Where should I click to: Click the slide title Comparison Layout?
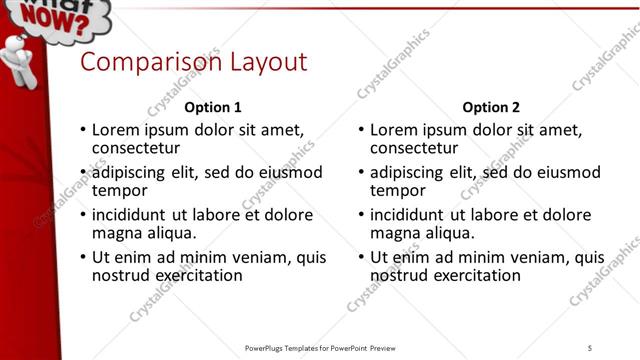point(193,62)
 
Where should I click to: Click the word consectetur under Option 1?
point(135,148)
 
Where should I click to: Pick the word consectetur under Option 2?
point(413,148)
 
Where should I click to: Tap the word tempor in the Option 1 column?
point(119,190)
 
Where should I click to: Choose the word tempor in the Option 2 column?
point(397,190)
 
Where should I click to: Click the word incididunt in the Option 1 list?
point(133,215)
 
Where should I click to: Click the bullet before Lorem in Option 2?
point(361,131)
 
